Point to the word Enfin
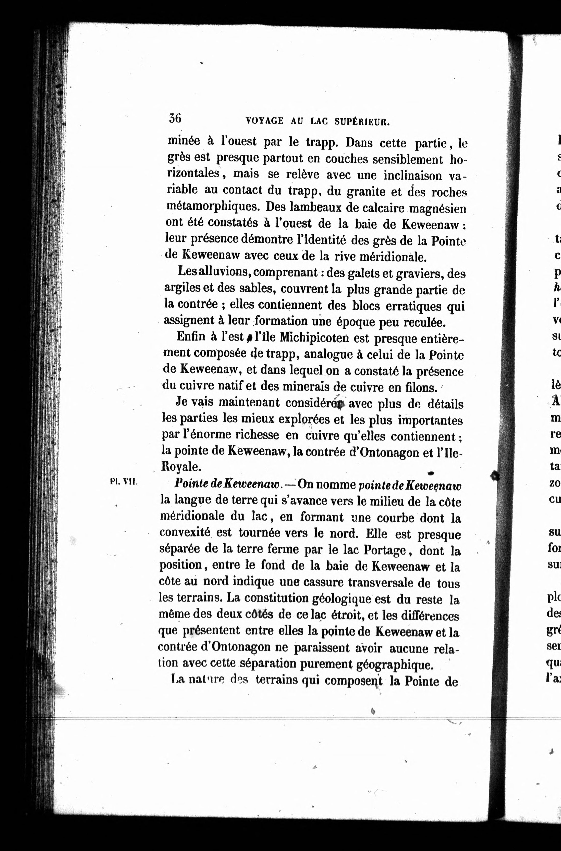191,336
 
